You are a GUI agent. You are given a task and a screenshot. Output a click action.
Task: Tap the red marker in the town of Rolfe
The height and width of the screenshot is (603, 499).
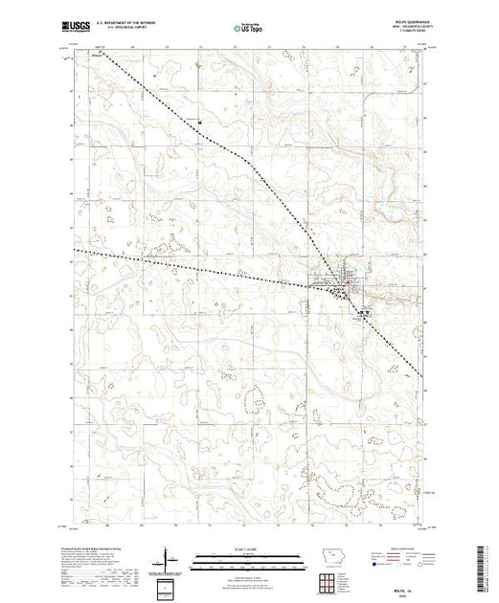tap(347, 282)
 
